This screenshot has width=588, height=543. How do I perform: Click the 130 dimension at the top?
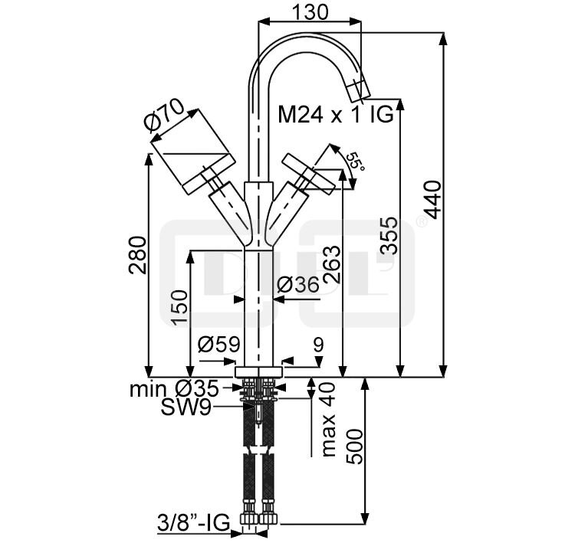pos(310,11)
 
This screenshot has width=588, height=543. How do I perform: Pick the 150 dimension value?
pos(179,307)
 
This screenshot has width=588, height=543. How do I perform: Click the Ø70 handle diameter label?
pos(163,115)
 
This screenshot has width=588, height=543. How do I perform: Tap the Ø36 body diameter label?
pos(296,285)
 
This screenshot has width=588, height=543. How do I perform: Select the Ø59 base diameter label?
pos(218,345)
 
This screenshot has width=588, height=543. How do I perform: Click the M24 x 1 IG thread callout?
pos(335,116)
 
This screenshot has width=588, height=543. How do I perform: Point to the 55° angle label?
pos(354,162)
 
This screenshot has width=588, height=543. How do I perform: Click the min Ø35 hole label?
pos(173,389)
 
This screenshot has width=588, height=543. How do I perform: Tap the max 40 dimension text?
pos(328,420)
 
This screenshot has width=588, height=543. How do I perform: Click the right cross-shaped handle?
pos(309,170)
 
